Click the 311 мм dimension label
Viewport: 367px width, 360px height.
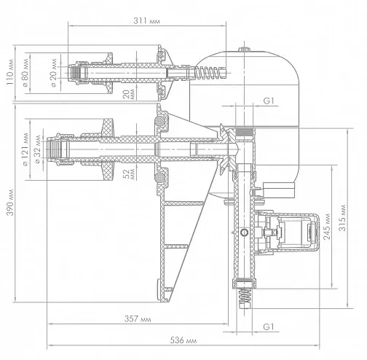(x=146, y=21)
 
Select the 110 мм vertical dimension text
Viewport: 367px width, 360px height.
(x=10, y=71)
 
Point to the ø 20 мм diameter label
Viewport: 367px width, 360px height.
(x=54, y=73)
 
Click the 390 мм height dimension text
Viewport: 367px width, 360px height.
(x=10, y=203)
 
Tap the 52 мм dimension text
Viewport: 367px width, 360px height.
(x=129, y=174)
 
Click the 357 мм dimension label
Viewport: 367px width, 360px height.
(x=138, y=318)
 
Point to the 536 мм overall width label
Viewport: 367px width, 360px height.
(x=183, y=340)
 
